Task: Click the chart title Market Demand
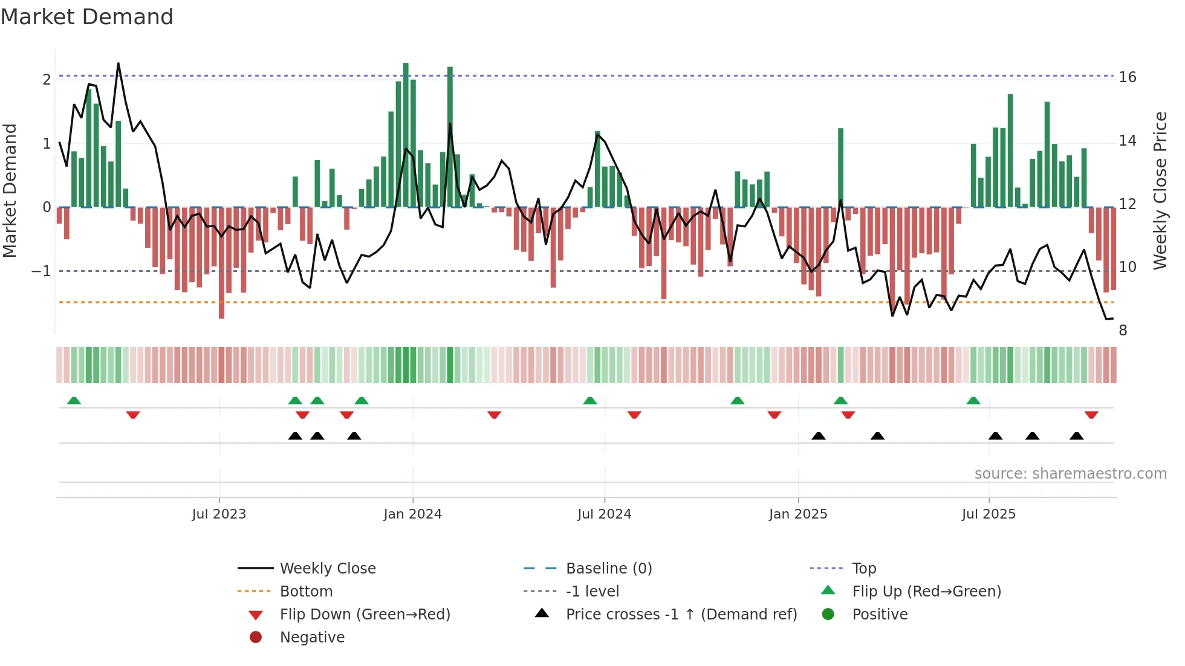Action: (x=87, y=17)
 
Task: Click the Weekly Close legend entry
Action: (x=327, y=568)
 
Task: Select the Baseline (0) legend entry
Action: (x=608, y=568)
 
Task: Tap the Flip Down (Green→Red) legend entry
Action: (x=365, y=614)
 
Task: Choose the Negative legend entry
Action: (x=312, y=637)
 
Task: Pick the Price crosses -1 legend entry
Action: (x=681, y=614)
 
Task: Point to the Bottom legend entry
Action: (x=306, y=591)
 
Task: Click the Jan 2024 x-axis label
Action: (x=412, y=514)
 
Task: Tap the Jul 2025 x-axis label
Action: (x=989, y=514)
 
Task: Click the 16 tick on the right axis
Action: (x=1127, y=77)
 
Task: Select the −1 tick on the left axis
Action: (x=41, y=271)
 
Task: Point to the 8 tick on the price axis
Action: (x=1123, y=330)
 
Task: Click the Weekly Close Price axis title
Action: (x=1160, y=190)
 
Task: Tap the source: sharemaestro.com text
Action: (x=1070, y=473)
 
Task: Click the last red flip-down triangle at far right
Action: (x=1091, y=415)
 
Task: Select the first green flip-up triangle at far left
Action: (x=74, y=401)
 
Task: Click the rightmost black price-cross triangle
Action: (x=1076, y=436)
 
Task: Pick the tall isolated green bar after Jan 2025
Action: (x=840, y=167)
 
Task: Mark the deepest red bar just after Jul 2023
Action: (x=221, y=263)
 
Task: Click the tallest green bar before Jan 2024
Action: (x=406, y=134)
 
